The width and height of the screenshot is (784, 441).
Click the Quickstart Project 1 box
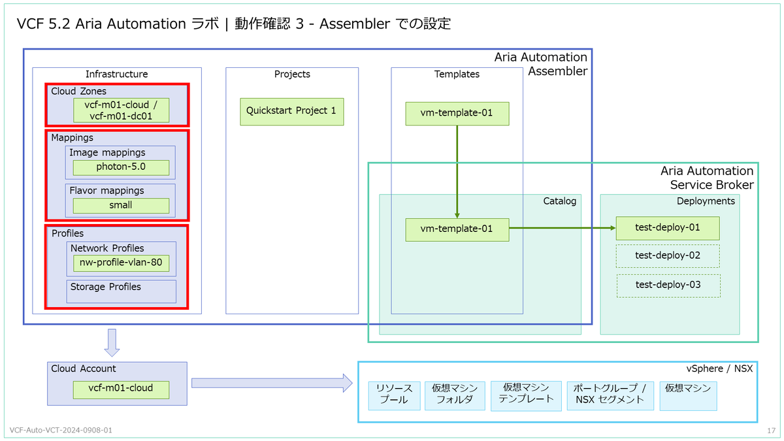(291, 111)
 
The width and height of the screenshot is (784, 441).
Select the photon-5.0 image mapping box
(121, 167)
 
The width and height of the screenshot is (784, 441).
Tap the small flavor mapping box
(121, 205)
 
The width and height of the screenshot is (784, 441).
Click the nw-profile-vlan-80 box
(121, 263)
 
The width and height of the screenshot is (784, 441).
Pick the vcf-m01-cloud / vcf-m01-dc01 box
(121, 110)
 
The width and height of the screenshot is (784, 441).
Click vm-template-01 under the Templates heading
(457, 114)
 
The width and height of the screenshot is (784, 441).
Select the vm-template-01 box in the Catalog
(457, 229)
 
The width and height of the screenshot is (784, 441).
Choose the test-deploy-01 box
(668, 228)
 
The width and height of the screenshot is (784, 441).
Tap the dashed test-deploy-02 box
(668, 256)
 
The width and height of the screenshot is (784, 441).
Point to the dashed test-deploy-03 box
(668, 286)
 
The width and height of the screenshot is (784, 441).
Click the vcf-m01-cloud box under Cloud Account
(121, 389)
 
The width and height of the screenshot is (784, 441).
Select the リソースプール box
(394, 395)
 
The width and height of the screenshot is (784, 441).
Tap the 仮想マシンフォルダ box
(455, 395)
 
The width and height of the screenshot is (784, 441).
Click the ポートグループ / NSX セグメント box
(610, 395)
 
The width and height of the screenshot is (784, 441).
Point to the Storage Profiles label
(105, 287)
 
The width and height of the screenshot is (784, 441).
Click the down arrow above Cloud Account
(112, 342)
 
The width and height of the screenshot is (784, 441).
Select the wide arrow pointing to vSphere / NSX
(272, 383)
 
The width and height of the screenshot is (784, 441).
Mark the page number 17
(771, 430)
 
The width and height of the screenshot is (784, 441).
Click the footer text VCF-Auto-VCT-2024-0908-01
(61, 430)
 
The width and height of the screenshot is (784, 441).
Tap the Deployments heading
(706, 201)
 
